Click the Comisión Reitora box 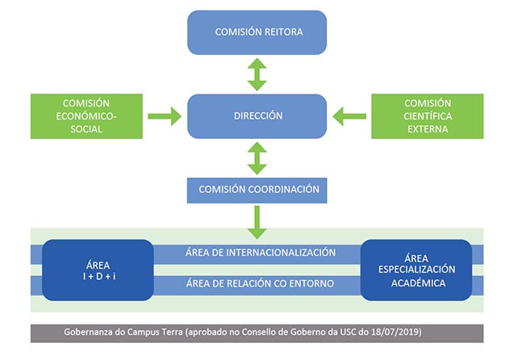(x=257, y=32)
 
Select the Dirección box (x=257, y=115)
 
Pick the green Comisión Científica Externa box (x=427, y=115)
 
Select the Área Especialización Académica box (x=416, y=269)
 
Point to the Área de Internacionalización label (x=260, y=253)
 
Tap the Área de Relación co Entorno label (x=260, y=283)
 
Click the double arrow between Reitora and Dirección (x=257, y=74)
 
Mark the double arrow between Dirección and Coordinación (x=257, y=157)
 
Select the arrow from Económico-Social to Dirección (x=165, y=116)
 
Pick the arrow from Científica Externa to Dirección (x=349, y=116)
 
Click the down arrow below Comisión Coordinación (x=257, y=221)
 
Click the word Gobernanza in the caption (x=91, y=333)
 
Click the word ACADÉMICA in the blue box (x=416, y=283)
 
